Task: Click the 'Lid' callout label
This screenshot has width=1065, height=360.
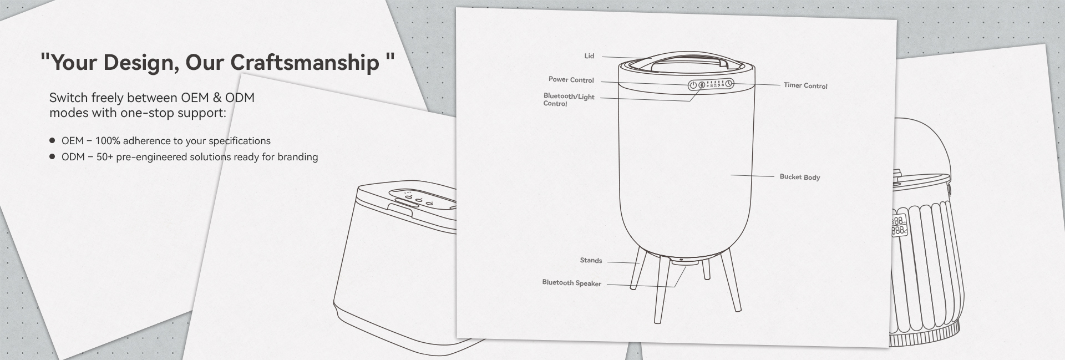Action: coord(589,56)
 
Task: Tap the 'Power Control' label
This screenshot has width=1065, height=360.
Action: coord(571,80)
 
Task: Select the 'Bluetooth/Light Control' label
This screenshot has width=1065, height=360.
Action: coord(569,100)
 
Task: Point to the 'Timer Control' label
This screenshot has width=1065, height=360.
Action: coord(805,85)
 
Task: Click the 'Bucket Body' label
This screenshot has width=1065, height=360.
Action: coord(799,177)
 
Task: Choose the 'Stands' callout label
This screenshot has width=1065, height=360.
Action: coord(591,260)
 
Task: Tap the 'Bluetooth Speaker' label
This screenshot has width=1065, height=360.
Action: coord(571,283)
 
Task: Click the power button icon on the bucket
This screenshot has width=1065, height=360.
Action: coord(693,85)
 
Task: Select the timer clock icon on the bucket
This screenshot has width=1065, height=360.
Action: coord(729,84)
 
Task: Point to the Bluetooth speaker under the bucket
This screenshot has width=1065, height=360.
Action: coord(681,262)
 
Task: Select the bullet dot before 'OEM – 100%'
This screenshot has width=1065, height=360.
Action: coord(52,141)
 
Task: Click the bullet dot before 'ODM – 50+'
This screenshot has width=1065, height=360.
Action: coord(52,157)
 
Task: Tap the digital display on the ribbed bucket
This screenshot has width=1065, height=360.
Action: coord(899,225)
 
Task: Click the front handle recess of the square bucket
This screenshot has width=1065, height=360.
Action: coord(404,209)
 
